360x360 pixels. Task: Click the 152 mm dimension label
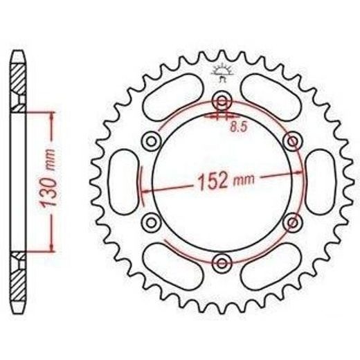pos(226,181)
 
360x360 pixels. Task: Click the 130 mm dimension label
pos(48,178)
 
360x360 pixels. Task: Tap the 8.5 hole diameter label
pos(239,127)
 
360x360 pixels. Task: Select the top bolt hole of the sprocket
pos(222,101)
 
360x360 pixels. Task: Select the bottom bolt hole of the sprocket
pos(222,263)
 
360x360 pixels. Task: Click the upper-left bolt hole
pos(151,141)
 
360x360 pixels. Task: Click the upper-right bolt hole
pos(293,141)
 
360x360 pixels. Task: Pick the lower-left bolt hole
pos(151,222)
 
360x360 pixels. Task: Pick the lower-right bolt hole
pos(293,222)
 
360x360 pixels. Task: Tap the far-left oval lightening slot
pos(124,182)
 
